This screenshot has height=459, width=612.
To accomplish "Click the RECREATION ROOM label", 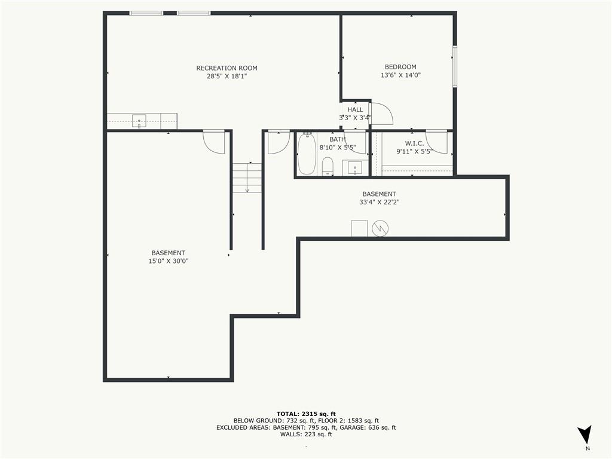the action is tap(227, 68).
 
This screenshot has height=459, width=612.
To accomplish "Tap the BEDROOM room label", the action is tap(400, 67).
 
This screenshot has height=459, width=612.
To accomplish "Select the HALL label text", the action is tap(355, 110).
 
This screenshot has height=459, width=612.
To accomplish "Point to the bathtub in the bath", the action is tap(307, 154).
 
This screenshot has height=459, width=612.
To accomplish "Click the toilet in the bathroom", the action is tap(328, 166).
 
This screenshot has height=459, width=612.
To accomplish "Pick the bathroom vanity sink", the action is tap(355, 168).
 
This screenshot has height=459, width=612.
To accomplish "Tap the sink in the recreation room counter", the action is tap(139, 121).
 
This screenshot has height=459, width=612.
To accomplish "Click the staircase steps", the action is tap(247, 178).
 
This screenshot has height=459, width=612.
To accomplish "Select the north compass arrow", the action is tap(585, 434).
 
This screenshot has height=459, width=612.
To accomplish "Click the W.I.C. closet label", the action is tap(414, 143).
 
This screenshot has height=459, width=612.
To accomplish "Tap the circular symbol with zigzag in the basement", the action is tap(380, 228).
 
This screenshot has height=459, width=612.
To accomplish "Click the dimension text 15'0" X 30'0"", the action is tap(168, 261).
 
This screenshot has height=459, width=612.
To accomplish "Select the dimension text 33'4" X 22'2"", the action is tap(380, 202).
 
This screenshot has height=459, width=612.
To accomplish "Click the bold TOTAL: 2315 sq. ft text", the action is tap(306, 414).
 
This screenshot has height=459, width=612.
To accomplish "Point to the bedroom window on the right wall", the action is tap(455, 66).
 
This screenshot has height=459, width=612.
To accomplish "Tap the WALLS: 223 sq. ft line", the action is tap(306, 434).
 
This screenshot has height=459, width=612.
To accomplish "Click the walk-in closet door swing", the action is tap(437, 142).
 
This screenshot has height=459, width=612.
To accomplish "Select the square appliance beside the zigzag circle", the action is tap(359, 228).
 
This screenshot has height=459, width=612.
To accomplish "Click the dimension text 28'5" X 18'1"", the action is tap(227, 76).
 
